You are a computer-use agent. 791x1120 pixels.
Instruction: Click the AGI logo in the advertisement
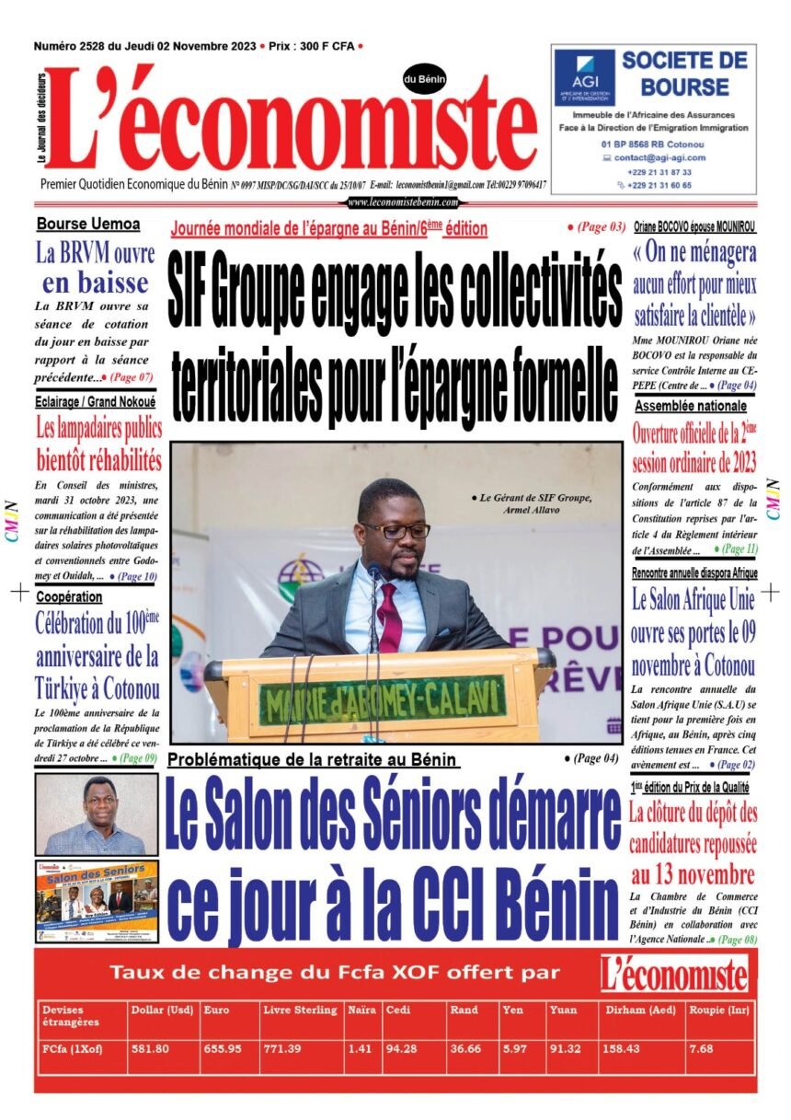tap(584, 77)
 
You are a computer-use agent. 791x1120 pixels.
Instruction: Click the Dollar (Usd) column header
tap(162, 1010)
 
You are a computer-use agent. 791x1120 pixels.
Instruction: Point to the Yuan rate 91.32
tap(565, 1048)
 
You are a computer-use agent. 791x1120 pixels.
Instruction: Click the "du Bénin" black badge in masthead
tap(424, 80)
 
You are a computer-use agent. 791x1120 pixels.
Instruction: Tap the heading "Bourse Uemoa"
tap(88, 224)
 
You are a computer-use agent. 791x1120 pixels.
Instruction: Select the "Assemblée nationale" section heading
tap(690, 406)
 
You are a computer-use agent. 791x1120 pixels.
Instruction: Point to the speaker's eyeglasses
tap(396, 530)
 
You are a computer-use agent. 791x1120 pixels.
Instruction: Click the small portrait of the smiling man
tap(96, 814)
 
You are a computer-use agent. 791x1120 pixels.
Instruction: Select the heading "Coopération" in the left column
tap(69, 597)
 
